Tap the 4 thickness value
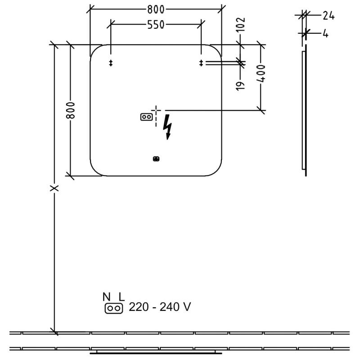click(x=325, y=33)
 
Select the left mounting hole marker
click(x=111, y=63)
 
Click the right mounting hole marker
click(x=201, y=63)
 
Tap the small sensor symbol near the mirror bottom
click(x=156, y=158)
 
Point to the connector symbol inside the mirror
click(x=146, y=117)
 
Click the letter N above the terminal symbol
click(x=106, y=297)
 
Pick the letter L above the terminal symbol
click(x=121, y=297)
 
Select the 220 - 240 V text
click(x=160, y=307)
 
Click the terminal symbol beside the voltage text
click(x=113, y=308)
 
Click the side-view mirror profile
click(x=304, y=110)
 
